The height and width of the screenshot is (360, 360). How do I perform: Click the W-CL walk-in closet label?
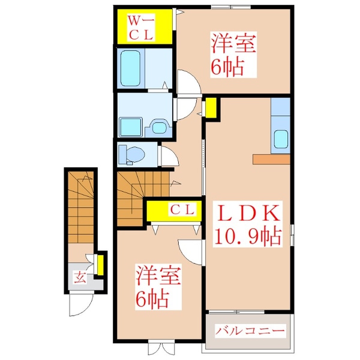pos(143,28)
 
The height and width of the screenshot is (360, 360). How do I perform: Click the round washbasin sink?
pos(158,127)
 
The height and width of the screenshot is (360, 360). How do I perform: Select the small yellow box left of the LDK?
pos(211,109)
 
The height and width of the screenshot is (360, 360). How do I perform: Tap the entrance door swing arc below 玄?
pos(78,305)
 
